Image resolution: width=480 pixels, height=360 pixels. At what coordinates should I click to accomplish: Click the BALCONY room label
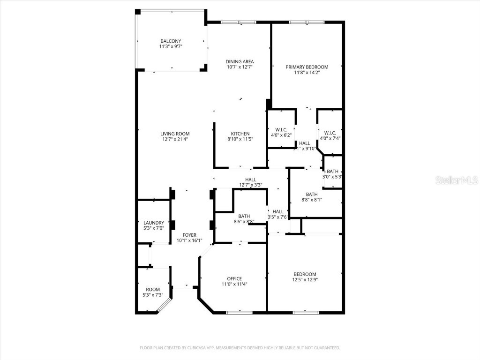click(170, 41)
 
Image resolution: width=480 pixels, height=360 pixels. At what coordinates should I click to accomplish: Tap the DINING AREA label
click(240, 61)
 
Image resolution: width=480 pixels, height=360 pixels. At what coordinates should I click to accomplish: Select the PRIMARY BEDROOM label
click(307, 67)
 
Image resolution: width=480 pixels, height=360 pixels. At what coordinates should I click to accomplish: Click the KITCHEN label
click(240, 134)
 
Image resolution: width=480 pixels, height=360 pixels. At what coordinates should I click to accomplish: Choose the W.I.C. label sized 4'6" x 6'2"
click(281, 129)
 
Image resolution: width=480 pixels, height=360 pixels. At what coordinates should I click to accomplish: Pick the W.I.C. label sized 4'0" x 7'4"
click(330, 133)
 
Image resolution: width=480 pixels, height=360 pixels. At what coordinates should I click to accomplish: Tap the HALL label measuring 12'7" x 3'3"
click(250, 180)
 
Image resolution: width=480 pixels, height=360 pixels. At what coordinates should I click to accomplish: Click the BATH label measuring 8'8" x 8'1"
click(312, 195)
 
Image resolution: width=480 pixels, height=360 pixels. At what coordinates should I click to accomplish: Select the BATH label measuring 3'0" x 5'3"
click(333, 172)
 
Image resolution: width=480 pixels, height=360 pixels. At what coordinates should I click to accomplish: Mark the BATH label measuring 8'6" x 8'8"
click(244, 216)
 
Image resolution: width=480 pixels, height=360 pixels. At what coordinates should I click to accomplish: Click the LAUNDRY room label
click(154, 223)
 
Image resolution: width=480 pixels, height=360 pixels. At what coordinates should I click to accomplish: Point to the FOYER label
click(189, 235)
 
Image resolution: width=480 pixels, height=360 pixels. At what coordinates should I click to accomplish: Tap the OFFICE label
click(234, 278)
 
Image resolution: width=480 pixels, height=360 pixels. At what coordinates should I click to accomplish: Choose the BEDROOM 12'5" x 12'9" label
click(305, 274)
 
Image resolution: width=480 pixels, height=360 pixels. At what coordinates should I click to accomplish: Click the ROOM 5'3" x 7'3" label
click(153, 290)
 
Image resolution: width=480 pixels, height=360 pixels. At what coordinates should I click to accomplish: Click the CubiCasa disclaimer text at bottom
click(240, 348)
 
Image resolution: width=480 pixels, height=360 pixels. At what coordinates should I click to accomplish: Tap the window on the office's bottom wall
click(239, 312)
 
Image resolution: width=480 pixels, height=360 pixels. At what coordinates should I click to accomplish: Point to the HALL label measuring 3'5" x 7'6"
click(278, 211)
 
